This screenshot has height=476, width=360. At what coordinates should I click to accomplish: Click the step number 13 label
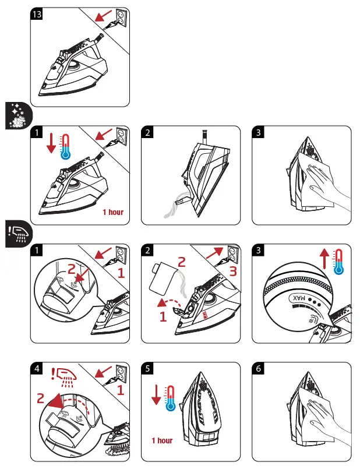[x=37, y=16]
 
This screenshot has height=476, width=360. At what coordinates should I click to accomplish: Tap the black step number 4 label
[x=37, y=369]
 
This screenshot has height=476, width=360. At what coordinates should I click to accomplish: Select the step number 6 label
[x=258, y=369]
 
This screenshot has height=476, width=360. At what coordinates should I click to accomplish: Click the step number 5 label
[x=148, y=369]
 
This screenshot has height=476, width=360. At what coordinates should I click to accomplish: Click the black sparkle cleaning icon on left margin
[x=15, y=115]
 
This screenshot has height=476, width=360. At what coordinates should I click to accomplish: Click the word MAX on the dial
[x=298, y=298]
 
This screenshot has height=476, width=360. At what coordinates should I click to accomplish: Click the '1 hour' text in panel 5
[x=162, y=440]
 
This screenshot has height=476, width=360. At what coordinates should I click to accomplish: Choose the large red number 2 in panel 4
[x=41, y=399]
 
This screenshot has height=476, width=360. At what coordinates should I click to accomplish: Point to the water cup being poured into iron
[x=163, y=280]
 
